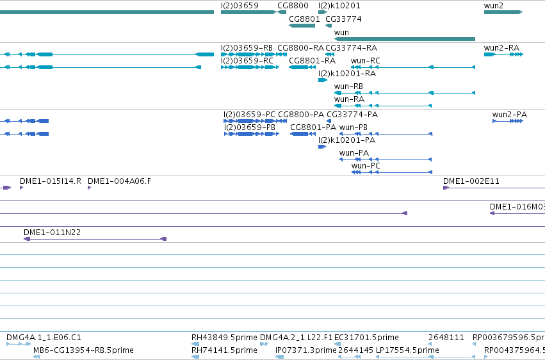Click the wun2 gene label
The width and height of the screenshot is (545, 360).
pos(493,6)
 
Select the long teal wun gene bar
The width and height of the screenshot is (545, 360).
pos(405,39)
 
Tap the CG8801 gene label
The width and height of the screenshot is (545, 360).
pos(304,19)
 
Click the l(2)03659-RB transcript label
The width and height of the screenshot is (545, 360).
pos(247,47)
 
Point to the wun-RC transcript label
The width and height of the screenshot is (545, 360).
pos(365,60)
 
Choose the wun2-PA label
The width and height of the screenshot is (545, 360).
pos(510,114)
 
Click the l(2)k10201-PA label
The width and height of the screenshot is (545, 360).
pos(346,140)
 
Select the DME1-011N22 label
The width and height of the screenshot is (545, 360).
pos(52,232)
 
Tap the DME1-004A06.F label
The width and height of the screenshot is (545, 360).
pos(119,181)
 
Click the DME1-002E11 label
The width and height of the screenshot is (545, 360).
pos(471,181)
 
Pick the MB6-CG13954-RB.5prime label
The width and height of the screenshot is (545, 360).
pos(83,350)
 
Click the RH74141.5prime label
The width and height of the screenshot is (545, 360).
pos(224,350)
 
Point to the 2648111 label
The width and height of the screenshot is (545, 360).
pos(446,338)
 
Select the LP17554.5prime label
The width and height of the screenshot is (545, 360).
pos(407,350)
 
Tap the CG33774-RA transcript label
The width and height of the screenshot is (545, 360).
pos(351,47)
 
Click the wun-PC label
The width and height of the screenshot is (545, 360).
pos(366,166)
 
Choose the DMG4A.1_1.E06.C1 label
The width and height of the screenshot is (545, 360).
pos(44,338)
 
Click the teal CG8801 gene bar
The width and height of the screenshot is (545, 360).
pos(302,26)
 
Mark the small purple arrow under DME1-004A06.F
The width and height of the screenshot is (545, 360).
pos(89,188)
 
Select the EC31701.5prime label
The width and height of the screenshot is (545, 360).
pos(366,338)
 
